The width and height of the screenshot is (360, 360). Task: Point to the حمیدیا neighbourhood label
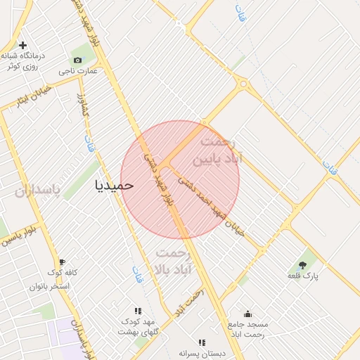(x=114, y=185)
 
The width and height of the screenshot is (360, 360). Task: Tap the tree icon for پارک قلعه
(x=303, y=265)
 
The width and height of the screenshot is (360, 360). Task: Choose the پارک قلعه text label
(x=303, y=276)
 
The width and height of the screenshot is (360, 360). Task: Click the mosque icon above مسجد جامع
(x=247, y=314)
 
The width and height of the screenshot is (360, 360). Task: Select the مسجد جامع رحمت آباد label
(x=247, y=329)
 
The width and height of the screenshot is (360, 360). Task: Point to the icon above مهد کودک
(x=138, y=311)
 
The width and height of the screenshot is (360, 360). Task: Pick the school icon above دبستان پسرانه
(x=202, y=343)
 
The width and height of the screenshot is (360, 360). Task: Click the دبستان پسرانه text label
(x=202, y=353)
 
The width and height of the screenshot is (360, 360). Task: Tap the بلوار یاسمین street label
(x=17, y=236)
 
